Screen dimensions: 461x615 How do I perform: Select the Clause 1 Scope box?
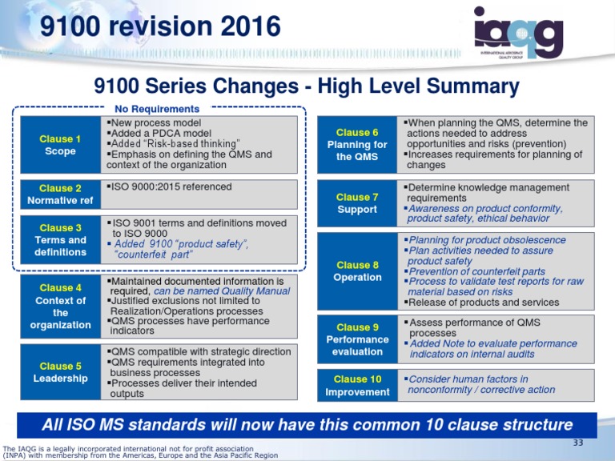(61, 145)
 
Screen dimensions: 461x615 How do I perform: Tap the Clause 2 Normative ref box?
(61, 194)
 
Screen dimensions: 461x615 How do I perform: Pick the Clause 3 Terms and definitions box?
(61, 239)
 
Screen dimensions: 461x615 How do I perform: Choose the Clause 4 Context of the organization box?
(61, 307)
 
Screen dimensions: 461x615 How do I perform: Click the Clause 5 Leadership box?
(61, 372)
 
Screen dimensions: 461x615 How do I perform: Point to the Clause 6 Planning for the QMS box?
(357, 144)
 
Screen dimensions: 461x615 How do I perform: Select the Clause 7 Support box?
(357, 203)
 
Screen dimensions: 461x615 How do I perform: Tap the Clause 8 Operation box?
(357, 271)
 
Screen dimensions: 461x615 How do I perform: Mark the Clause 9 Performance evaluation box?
(357, 339)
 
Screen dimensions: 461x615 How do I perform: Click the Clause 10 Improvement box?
(357, 385)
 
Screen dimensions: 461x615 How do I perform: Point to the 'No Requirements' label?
(156, 108)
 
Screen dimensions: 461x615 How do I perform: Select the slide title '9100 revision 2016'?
(160, 27)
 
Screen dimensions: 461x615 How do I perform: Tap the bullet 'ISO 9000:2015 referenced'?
(172, 186)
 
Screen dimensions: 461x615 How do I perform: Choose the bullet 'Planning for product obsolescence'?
(487, 239)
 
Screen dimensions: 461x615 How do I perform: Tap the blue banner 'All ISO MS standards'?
(307, 424)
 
